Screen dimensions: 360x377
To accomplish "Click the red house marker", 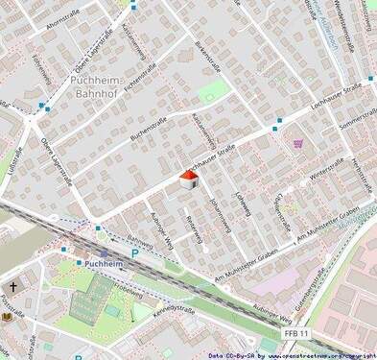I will tap(189, 180).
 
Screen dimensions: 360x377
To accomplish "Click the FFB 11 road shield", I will tap(296, 332).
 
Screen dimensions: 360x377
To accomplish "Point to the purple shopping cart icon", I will tap(298, 144).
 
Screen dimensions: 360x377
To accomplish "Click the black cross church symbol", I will tap(13, 286).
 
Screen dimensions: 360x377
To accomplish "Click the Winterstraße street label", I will tap(326, 172).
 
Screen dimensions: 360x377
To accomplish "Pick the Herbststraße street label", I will tap(361, 178).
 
